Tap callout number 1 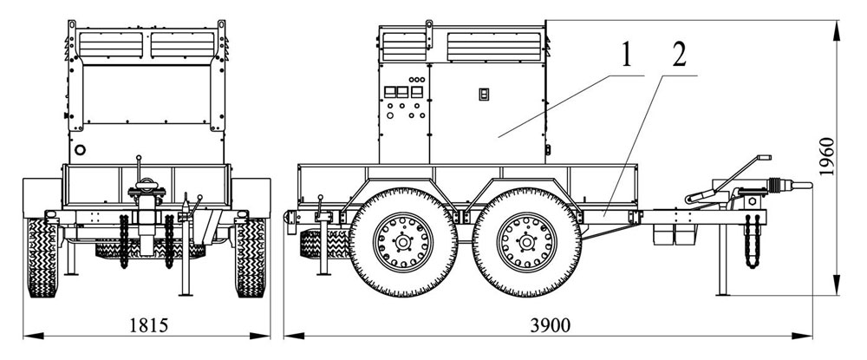[623, 57]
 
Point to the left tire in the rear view [42, 257]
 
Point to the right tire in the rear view [250, 257]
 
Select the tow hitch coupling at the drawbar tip [785, 185]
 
